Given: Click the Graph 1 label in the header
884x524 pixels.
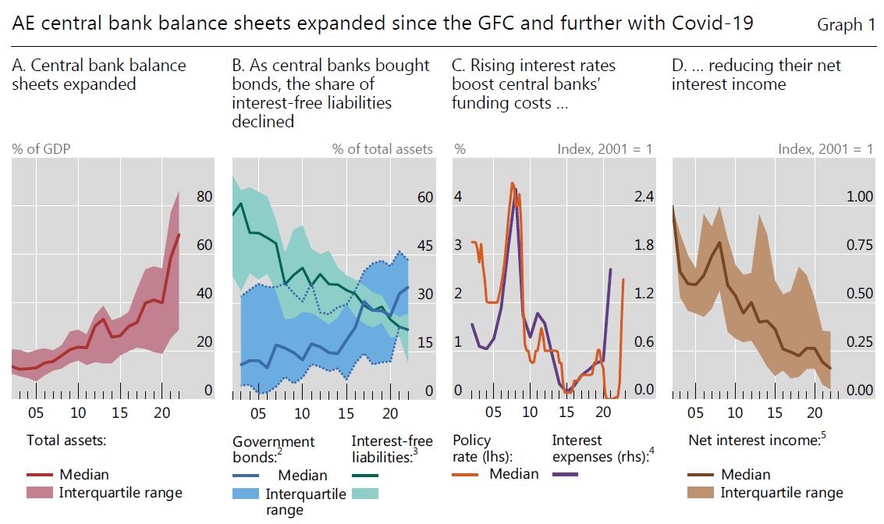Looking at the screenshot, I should pyautogui.click(x=846, y=25).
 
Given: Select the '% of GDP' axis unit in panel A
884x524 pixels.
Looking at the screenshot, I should pyautogui.click(x=40, y=148).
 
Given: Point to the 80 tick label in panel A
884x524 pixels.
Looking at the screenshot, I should pyautogui.click(x=204, y=198).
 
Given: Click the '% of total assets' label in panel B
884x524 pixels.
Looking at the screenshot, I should pyautogui.click(x=382, y=148).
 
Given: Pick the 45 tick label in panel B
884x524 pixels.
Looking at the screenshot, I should pyautogui.click(x=424, y=246).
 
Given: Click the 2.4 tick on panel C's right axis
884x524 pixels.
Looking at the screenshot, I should pyautogui.click(x=643, y=198).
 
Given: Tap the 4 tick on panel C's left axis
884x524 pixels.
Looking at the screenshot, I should pyautogui.click(x=459, y=198).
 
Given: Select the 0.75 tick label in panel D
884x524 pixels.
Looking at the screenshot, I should pyautogui.click(x=860, y=246).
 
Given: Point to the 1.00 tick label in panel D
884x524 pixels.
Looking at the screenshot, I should pyautogui.click(x=860, y=198).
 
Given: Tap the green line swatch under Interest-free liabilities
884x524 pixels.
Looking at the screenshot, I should pyautogui.click(x=365, y=475).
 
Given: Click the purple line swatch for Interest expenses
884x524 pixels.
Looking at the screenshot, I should pyautogui.click(x=565, y=474).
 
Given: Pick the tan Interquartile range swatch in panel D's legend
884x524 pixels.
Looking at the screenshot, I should pyautogui.click(x=701, y=493).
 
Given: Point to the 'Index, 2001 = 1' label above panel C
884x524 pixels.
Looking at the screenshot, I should pyautogui.click(x=605, y=148).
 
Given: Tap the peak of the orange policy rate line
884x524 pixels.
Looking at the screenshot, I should pyautogui.click(x=512, y=184).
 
